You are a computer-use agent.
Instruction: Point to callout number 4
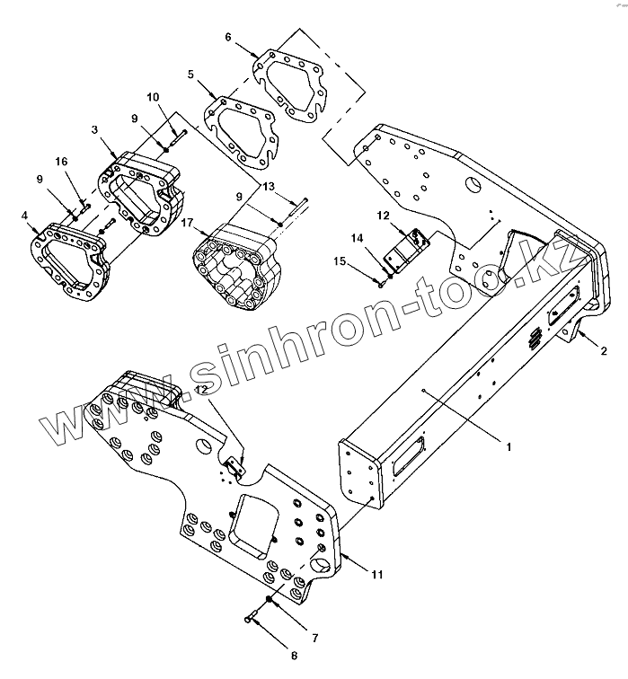(25, 215)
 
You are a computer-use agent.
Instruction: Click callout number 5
(190, 75)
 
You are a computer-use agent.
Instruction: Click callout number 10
(153, 96)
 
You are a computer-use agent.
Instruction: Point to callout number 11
(377, 573)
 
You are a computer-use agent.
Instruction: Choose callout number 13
(268, 186)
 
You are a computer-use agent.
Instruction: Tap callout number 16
(61, 162)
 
